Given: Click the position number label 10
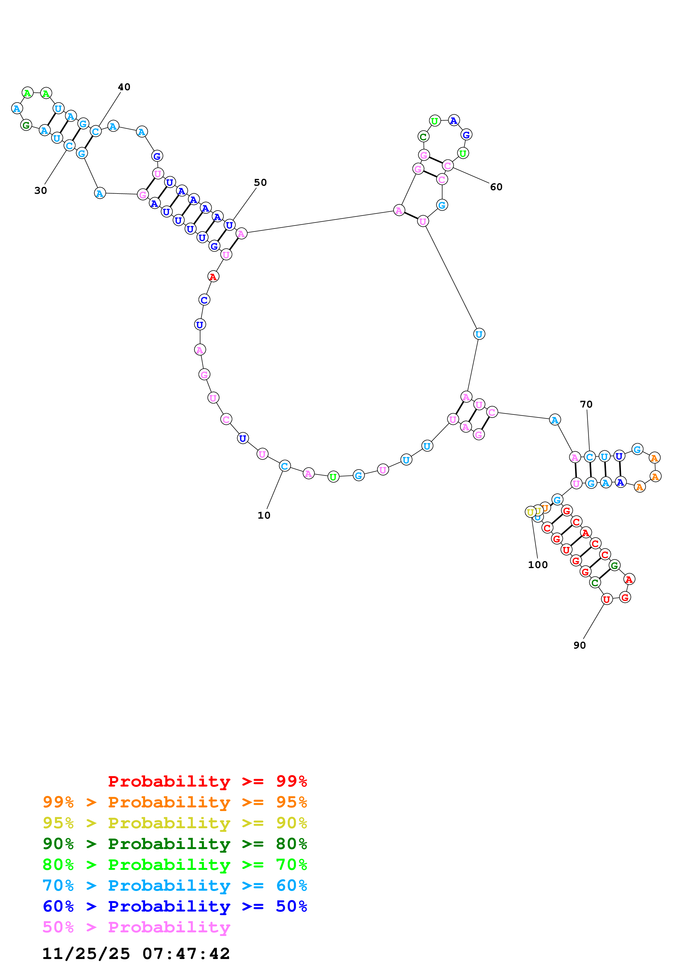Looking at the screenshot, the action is (x=264, y=515).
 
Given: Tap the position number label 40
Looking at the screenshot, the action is (x=124, y=87).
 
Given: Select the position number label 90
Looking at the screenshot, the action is (x=579, y=645).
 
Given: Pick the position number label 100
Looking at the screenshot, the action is (x=538, y=565).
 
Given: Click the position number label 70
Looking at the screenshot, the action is (x=586, y=404).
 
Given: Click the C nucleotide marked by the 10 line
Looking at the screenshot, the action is (x=284, y=466).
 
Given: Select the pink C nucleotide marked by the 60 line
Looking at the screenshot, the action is (x=447, y=165).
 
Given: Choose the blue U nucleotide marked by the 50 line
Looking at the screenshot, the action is (x=229, y=225).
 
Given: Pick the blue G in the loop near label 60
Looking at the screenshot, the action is (x=466, y=135).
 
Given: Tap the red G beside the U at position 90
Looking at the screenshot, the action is (x=625, y=597).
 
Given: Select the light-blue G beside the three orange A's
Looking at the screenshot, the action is (x=637, y=449).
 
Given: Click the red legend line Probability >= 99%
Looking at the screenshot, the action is (x=208, y=781).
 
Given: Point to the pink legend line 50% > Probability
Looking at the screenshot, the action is (x=136, y=927).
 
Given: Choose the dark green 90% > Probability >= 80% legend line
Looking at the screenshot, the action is (x=175, y=844).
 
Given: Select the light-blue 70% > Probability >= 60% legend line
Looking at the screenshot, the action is (x=175, y=885).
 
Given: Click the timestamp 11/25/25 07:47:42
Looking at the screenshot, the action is (x=136, y=954).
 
